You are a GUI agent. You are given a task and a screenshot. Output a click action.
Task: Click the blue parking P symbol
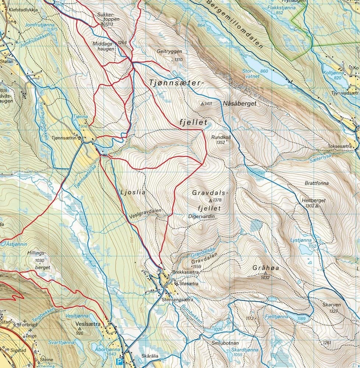(119, 361)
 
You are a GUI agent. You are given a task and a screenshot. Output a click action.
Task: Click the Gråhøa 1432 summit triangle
(265, 273)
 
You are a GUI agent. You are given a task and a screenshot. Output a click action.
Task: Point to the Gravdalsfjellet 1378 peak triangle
(210, 201)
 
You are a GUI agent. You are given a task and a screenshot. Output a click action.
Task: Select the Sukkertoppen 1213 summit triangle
(102, 24)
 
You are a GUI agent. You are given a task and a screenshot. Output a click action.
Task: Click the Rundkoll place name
(220, 137)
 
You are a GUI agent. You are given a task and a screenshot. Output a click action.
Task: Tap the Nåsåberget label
(239, 104)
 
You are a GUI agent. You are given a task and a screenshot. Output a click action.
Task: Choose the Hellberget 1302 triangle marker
(317, 206)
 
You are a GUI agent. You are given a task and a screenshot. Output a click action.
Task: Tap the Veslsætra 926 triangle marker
(79, 328)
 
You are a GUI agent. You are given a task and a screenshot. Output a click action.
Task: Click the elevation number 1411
(209, 104)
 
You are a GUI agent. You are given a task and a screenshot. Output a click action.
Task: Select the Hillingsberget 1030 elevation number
(39, 261)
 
